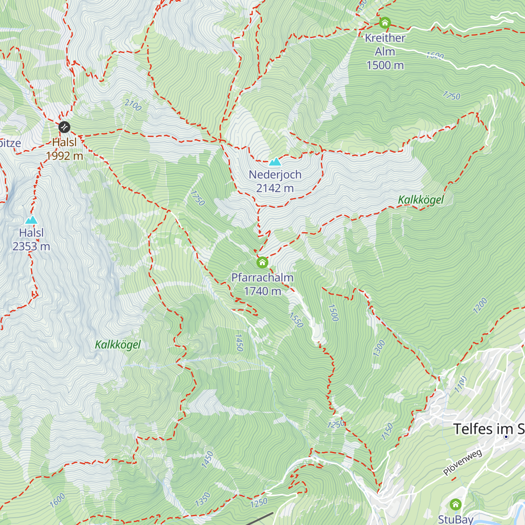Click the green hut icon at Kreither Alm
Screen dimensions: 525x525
coord(385,22)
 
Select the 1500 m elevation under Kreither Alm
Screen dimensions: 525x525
coord(385,65)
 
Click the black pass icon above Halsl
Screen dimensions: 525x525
coord(64,127)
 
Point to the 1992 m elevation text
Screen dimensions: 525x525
coord(64,156)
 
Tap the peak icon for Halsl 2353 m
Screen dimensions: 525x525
coord(31,220)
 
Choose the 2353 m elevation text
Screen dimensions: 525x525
coord(31,246)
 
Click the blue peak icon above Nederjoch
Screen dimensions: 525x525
coord(275,162)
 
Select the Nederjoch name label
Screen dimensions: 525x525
coord(275,175)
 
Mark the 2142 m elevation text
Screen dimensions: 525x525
coord(275,188)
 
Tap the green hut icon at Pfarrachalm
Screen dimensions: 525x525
coord(262,262)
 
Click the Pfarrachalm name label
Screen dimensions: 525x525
coord(262,277)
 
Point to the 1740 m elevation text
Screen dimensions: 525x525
coord(262,291)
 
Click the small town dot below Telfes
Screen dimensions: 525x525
coord(506,437)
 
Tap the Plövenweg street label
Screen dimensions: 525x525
coord(462,462)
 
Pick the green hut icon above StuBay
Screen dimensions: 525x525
coord(455,504)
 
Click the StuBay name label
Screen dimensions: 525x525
coord(456,519)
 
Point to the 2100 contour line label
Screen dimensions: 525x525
coord(133,105)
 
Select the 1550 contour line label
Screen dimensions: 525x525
coord(296,320)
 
